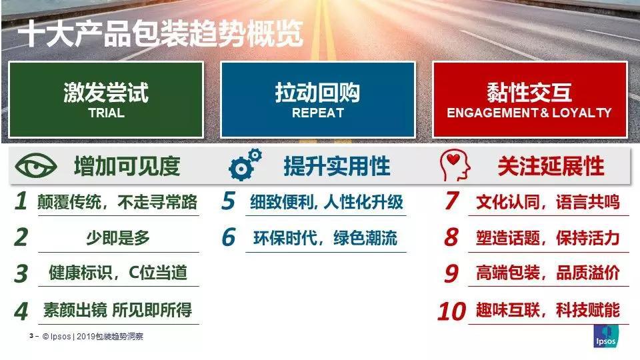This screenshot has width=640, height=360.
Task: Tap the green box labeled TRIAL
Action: point(106,99)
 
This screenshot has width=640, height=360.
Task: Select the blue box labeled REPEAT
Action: point(317,99)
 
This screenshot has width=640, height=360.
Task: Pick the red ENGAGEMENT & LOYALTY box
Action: point(529,99)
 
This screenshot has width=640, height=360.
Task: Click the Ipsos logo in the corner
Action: point(606,337)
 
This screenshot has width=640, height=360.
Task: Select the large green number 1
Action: point(21,201)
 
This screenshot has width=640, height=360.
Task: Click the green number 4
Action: point(22,311)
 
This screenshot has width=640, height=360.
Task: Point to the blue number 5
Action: point(229,201)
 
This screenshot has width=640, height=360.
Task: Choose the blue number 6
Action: point(229,237)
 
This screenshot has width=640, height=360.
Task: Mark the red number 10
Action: point(451,311)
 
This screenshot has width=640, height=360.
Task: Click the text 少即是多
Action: point(118,237)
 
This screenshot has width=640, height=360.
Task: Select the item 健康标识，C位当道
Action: point(118,273)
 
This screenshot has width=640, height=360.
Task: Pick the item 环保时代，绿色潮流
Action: point(325,237)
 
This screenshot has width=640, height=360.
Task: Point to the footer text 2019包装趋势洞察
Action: point(110,337)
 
